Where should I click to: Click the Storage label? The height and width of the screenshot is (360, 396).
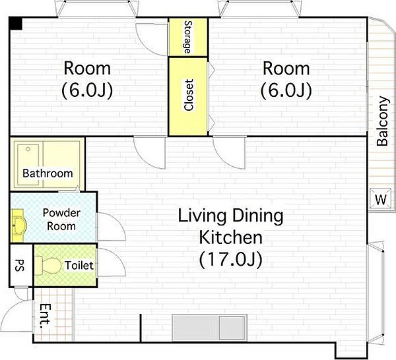point(188,38)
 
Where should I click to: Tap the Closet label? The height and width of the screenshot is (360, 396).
point(189,95)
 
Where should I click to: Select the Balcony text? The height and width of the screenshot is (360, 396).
point(382,121)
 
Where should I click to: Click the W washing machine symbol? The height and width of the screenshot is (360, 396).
point(381,199)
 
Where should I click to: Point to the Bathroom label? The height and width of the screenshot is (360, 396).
point(48,173)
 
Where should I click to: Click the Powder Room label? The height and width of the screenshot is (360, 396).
point(61,220)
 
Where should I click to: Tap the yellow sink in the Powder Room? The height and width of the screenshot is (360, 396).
point(18,225)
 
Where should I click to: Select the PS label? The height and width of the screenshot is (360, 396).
point(20,266)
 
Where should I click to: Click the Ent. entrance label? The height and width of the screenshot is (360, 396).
point(46,316)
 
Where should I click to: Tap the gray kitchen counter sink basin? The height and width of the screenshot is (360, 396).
point(232,328)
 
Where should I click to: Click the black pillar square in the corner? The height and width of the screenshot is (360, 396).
point(16,24)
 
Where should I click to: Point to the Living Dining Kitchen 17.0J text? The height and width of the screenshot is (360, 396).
point(231,238)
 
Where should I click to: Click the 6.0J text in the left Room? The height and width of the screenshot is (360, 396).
point(87,90)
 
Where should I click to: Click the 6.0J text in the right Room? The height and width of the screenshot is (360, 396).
point(286,90)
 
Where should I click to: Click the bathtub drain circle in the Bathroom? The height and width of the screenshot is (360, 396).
point(28,149)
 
